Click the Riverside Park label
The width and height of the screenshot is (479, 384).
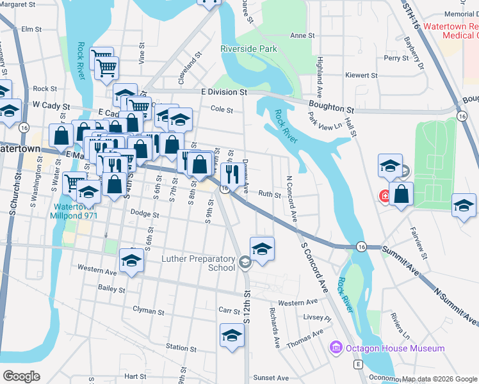248,49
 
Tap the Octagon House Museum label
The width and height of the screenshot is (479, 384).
394,348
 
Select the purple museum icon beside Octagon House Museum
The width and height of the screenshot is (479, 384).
335,348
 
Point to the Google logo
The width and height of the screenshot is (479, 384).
22,376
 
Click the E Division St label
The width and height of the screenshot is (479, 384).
223,92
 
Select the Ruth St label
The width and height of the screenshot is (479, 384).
270,194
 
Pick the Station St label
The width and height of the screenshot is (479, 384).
181,347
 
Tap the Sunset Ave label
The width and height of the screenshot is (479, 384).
271,378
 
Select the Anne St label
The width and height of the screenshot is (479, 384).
300,36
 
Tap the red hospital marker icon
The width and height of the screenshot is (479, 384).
386,195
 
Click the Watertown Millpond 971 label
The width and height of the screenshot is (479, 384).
74,211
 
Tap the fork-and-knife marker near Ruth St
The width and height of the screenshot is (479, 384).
230,173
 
